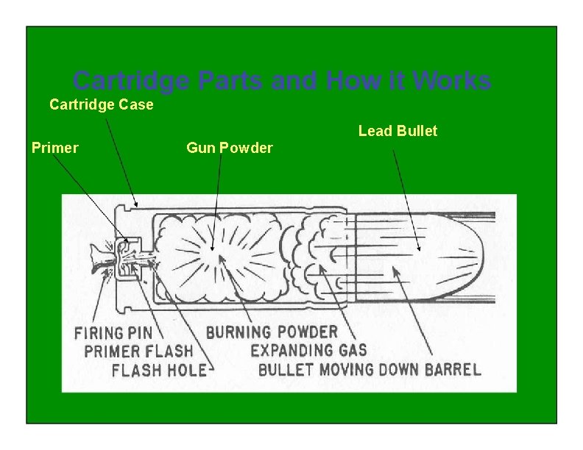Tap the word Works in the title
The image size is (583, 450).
[451, 81]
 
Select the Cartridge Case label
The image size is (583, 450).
[102, 104]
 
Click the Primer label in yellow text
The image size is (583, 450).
[55, 148]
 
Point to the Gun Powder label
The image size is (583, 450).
[230, 148]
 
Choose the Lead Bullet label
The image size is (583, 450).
[397, 131]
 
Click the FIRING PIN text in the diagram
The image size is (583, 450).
[113, 333]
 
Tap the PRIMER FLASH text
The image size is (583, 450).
[138, 351]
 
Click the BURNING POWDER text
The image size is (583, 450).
[272, 332]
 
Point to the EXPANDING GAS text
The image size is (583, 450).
[308, 350]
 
